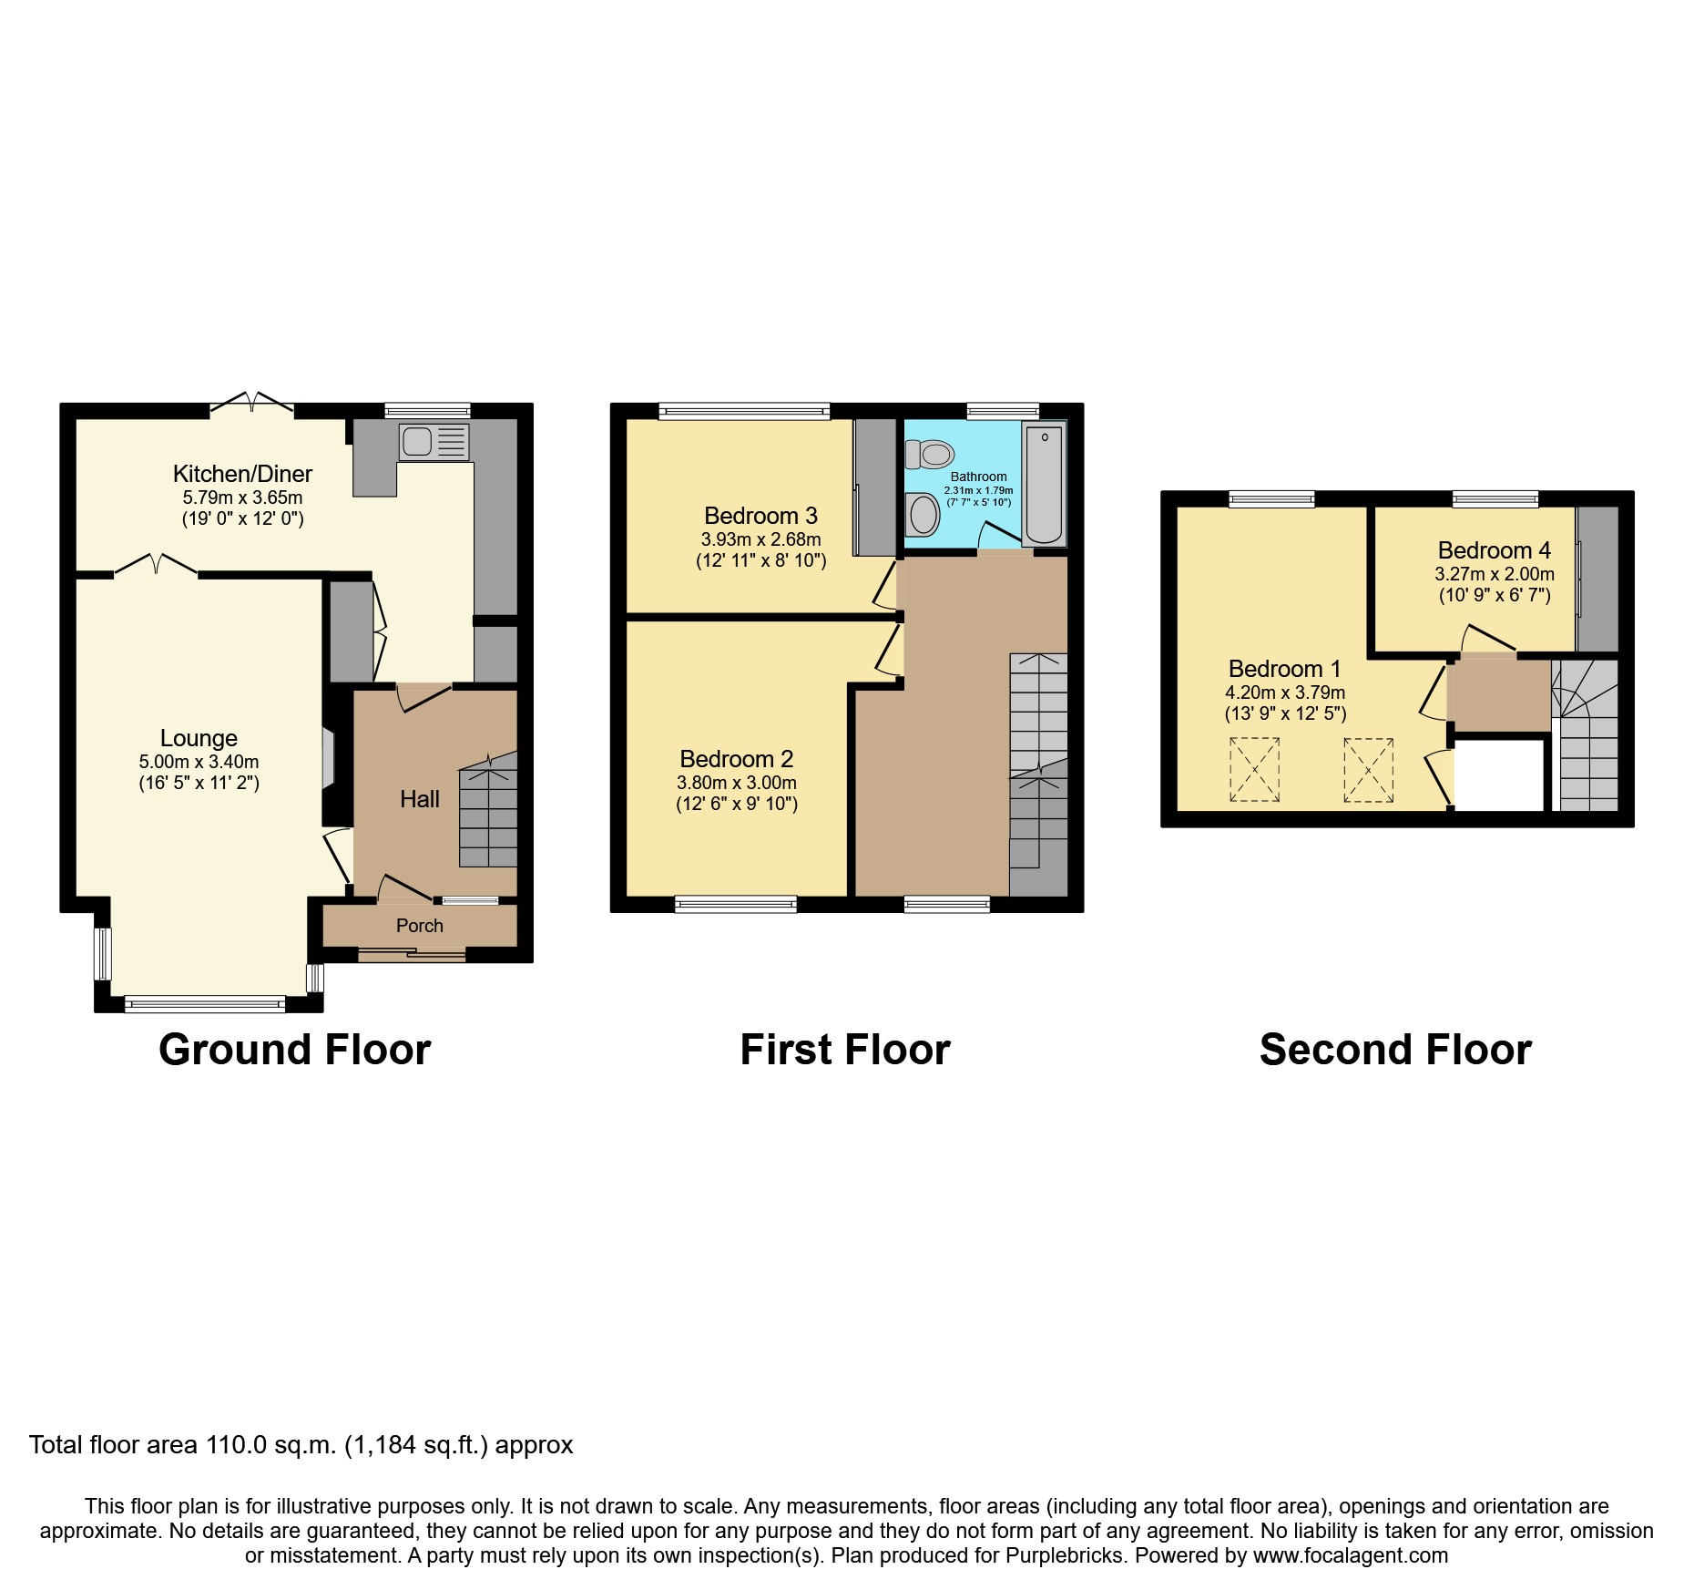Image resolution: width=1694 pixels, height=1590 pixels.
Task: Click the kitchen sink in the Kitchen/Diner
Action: [x=434, y=442]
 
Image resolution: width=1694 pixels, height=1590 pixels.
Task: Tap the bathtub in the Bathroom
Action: [x=1044, y=482]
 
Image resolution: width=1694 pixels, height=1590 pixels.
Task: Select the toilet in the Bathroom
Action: [x=930, y=453]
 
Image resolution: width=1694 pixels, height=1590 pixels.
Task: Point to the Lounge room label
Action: [x=199, y=738]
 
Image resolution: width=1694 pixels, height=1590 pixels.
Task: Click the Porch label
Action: [x=419, y=926]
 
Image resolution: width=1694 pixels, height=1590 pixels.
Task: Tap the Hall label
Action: [x=419, y=799]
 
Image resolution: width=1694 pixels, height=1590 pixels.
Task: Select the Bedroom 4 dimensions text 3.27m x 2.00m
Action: [x=1494, y=574]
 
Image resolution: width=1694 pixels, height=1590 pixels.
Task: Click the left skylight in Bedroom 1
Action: [x=1254, y=770]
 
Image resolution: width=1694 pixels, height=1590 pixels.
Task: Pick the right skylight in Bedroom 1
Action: [x=1368, y=770]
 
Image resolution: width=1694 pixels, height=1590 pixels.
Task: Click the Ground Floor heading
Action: [x=294, y=1050]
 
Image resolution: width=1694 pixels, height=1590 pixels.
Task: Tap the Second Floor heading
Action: [x=1394, y=1050]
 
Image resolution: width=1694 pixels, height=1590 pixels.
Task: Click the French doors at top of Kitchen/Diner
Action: [x=252, y=404]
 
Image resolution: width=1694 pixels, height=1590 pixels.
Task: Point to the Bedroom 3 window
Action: [x=744, y=412]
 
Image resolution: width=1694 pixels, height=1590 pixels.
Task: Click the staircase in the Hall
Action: [x=488, y=811]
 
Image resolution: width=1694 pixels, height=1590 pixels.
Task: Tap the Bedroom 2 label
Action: [x=736, y=759]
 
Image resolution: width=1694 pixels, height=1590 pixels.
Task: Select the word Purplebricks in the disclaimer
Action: [x=1065, y=1555]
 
